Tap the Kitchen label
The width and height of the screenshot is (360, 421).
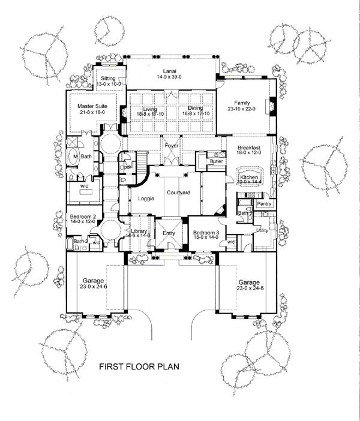point(249,178)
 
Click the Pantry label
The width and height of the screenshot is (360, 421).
point(264,204)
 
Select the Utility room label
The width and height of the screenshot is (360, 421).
point(262,230)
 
